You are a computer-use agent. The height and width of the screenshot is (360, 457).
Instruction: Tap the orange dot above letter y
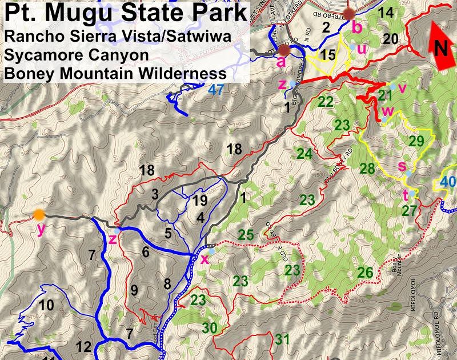click(x=38, y=215)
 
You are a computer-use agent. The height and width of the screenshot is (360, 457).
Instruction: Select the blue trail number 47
click(x=216, y=90)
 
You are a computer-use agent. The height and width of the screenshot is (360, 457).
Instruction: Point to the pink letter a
click(x=280, y=62)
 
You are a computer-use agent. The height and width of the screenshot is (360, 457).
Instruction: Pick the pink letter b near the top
click(x=356, y=26)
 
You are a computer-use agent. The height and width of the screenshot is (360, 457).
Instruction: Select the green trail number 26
click(x=366, y=273)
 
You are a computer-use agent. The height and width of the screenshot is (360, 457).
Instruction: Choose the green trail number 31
click(x=282, y=339)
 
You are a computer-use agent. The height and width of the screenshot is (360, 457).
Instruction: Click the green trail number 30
click(x=210, y=328)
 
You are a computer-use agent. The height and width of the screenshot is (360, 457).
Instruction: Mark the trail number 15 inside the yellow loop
click(x=328, y=55)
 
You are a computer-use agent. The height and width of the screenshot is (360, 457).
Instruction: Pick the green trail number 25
click(x=246, y=234)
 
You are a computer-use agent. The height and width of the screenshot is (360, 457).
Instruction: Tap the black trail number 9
click(x=134, y=290)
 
